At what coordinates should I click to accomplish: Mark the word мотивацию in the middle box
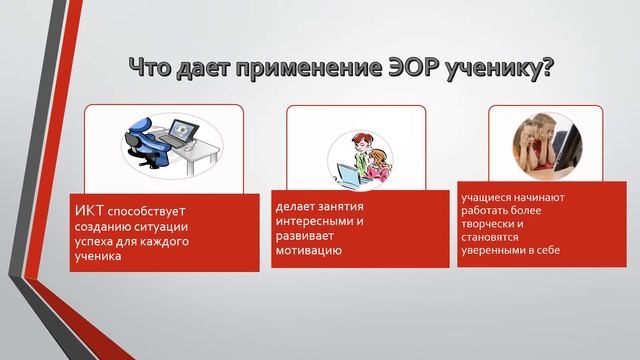coord(308,251)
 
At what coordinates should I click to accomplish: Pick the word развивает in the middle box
coord(303,236)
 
